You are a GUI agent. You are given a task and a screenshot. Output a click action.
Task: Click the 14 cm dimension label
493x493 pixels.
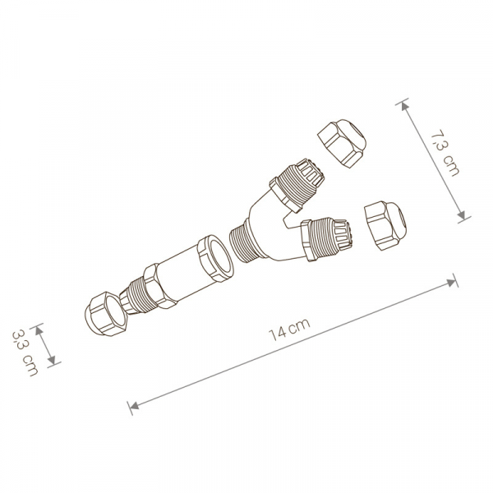coord(290,329)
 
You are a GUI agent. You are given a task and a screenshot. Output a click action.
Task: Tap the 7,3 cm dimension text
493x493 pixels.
coord(445,152)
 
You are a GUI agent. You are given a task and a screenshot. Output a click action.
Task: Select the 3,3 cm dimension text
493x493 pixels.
coord(25,352)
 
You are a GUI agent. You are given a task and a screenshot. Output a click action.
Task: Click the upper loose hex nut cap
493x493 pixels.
coord(342,143)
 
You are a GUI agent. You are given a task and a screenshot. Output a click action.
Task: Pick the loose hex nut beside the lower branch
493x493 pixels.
coord(385,225)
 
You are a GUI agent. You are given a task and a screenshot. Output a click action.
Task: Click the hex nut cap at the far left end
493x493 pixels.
coord(106,314)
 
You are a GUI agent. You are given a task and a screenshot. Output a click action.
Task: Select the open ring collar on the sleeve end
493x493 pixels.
coord(215,258)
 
